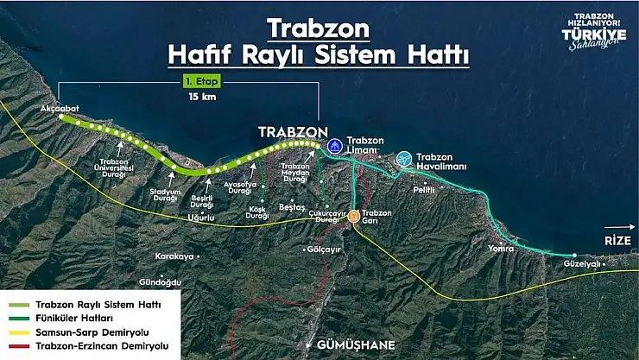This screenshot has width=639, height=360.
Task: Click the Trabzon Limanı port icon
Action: [x=334, y=142]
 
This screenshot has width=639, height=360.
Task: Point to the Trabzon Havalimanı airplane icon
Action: [x=404, y=159]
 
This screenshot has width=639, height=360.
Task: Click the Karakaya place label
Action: [x=174, y=256]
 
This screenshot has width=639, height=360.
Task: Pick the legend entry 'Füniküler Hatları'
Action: [x=73, y=319]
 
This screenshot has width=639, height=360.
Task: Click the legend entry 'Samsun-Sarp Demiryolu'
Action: [x=90, y=332]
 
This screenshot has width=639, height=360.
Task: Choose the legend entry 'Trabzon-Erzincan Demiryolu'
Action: [x=102, y=346]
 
